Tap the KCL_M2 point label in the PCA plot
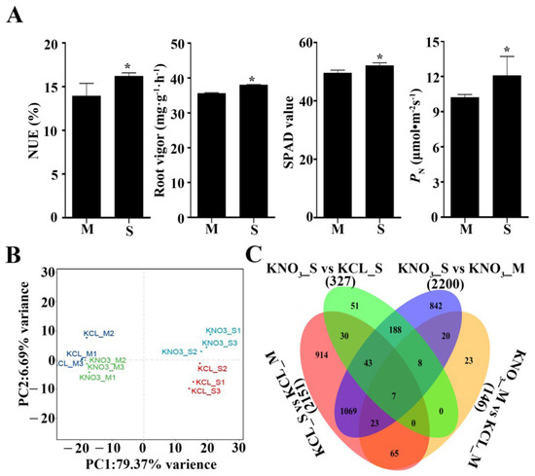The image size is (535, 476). [x=99, y=333]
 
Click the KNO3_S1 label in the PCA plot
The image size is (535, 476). [x=223, y=331]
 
